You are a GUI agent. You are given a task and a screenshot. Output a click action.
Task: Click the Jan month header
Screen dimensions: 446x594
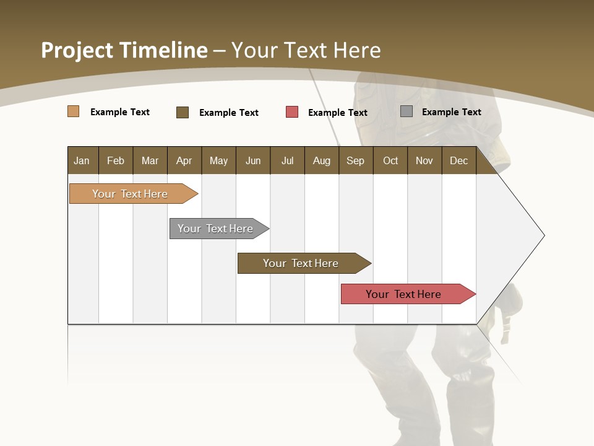click(82, 160)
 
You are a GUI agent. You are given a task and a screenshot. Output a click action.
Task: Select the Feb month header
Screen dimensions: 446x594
click(116, 160)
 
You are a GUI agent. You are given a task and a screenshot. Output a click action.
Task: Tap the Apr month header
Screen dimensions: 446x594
click(184, 160)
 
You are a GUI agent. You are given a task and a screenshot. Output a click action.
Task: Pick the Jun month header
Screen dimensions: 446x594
click(253, 160)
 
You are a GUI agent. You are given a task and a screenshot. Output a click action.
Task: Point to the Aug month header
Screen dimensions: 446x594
click(322, 160)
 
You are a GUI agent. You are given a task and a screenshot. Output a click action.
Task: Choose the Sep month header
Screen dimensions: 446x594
click(356, 160)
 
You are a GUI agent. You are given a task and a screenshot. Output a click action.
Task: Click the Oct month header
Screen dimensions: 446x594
click(390, 160)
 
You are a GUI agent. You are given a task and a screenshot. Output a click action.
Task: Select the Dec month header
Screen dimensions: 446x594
click(459, 160)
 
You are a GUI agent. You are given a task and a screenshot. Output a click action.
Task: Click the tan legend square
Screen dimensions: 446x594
click(74, 111)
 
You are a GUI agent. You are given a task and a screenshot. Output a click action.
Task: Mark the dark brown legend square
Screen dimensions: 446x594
click(183, 112)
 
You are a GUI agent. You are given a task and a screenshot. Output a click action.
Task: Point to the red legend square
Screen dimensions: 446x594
click(292, 112)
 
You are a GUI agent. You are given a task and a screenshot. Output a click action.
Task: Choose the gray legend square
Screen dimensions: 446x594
click(407, 111)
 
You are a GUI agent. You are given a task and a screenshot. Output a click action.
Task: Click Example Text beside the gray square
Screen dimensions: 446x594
click(451, 112)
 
